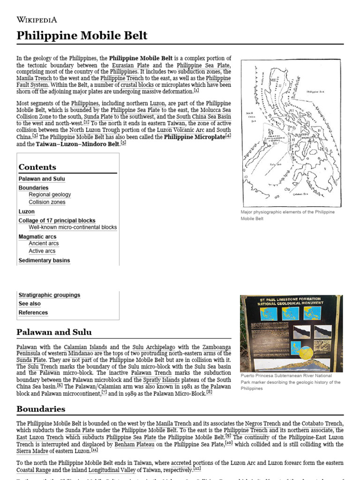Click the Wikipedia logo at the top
(x=37, y=19)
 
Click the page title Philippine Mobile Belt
(x=82, y=36)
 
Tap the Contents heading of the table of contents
(x=37, y=167)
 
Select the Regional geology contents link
(x=50, y=195)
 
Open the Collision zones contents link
(x=47, y=202)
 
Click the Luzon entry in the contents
(x=26, y=211)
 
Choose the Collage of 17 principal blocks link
(x=57, y=220)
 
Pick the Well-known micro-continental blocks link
(x=73, y=227)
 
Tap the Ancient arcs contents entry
(x=44, y=243)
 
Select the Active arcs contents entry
(x=42, y=251)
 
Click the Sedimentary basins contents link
(x=44, y=260)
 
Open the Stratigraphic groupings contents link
(x=49, y=295)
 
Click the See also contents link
(x=30, y=304)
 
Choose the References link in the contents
(x=33, y=313)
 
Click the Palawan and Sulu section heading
(x=54, y=332)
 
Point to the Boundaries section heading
(x=41, y=409)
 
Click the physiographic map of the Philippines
(x=291, y=133)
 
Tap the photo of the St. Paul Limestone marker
(x=291, y=332)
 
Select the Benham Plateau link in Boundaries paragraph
(x=133, y=444)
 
